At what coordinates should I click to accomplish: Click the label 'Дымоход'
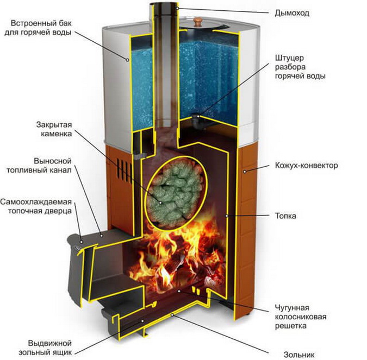[x=292, y=12]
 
